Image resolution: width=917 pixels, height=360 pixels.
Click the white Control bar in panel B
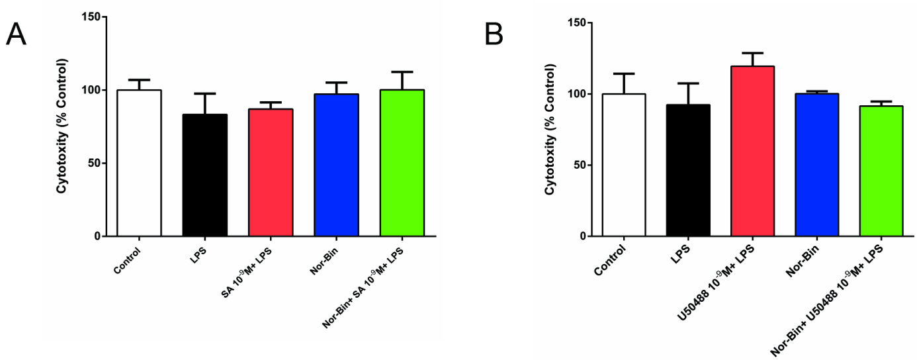click(623, 165)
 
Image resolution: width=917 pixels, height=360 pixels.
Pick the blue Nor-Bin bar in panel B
click(816, 165)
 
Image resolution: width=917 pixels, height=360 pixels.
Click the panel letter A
click(16, 34)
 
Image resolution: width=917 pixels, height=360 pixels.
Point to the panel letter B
click(494, 34)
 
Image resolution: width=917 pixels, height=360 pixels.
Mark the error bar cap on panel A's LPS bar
click(204, 93)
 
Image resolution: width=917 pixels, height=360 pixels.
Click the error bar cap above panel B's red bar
click(752, 53)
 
